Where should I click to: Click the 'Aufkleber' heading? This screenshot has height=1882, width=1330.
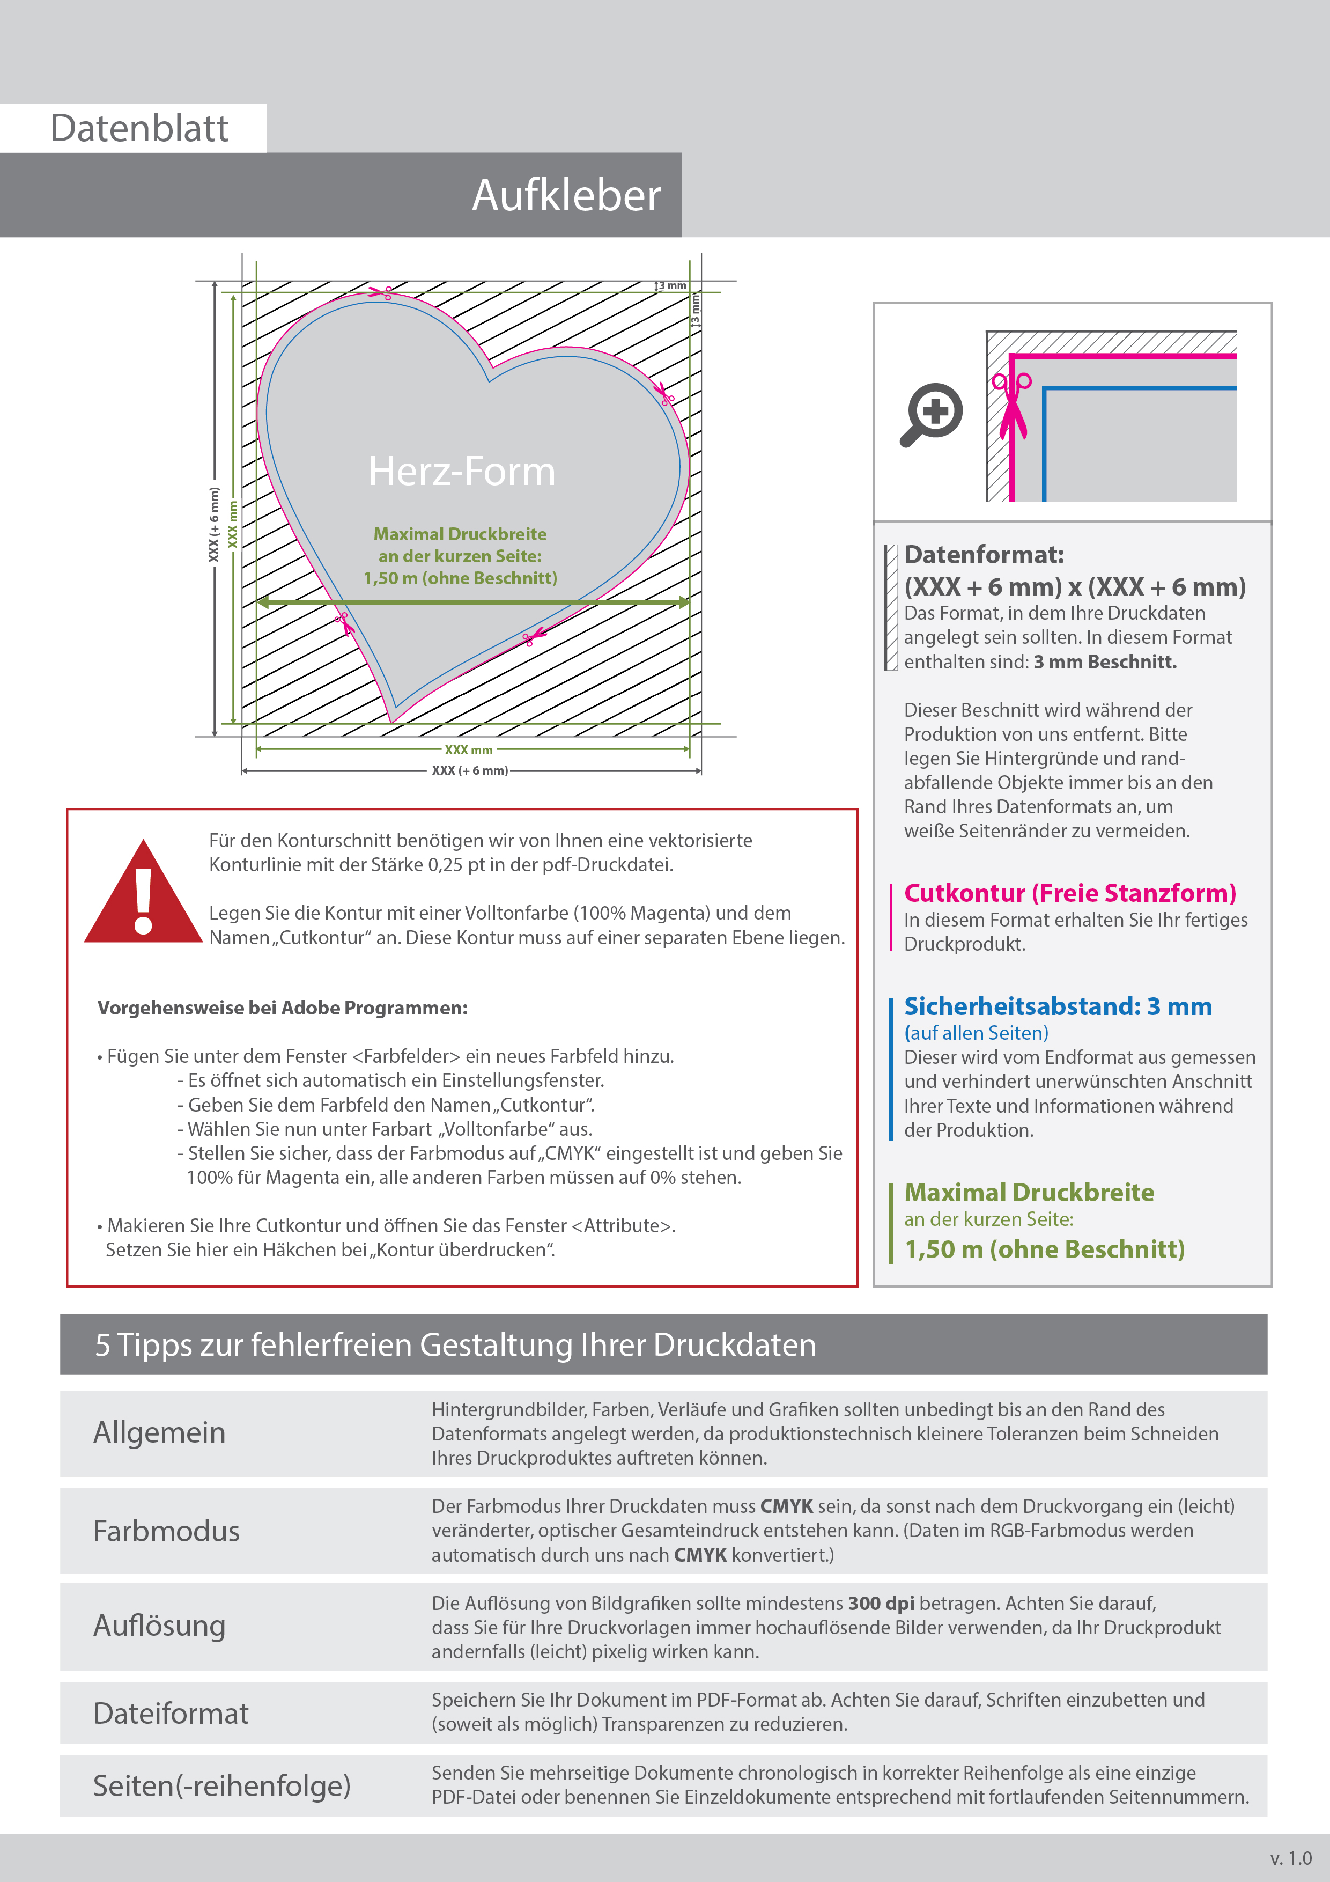pyautogui.click(x=565, y=196)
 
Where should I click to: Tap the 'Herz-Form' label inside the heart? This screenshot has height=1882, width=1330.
pyautogui.click(x=461, y=472)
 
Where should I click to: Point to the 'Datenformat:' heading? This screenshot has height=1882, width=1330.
pyautogui.click(x=984, y=555)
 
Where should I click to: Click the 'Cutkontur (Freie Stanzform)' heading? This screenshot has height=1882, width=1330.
pyautogui.click(x=1069, y=893)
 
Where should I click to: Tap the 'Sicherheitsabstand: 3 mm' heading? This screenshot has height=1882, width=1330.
pyautogui.click(x=1057, y=1006)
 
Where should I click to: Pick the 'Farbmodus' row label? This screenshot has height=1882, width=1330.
pyautogui.click(x=166, y=1531)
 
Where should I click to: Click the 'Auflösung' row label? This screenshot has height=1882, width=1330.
pyautogui.click(x=159, y=1626)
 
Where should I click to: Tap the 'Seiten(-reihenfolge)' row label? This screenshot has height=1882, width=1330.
pyautogui.click(x=221, y=1785)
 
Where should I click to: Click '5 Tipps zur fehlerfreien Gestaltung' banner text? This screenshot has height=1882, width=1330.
pyautogui.click(x=455, y=1345)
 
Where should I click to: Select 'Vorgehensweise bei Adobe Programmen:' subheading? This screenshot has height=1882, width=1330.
pyautogui.click(x=283, y=1008)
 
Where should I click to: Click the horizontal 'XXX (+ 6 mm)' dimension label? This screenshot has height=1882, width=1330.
pyautogui.click(x=470, y=770)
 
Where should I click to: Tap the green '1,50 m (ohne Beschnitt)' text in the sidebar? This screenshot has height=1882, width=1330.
pyautogui.click(x=1045, y=1249)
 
